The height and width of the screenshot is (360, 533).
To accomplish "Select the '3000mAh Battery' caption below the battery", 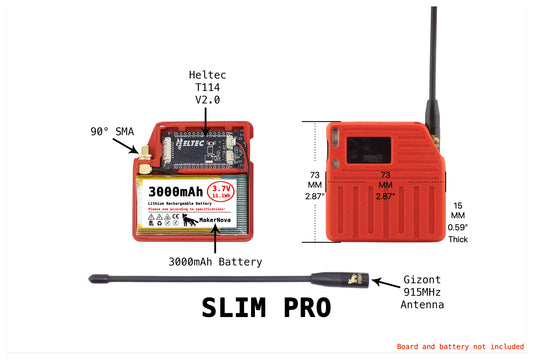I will point(215,262).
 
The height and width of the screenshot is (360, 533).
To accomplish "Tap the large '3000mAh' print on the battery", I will point(175,190).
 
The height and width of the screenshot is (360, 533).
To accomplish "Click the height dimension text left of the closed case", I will point(314,186).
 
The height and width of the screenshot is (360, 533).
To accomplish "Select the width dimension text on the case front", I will point(383,186).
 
